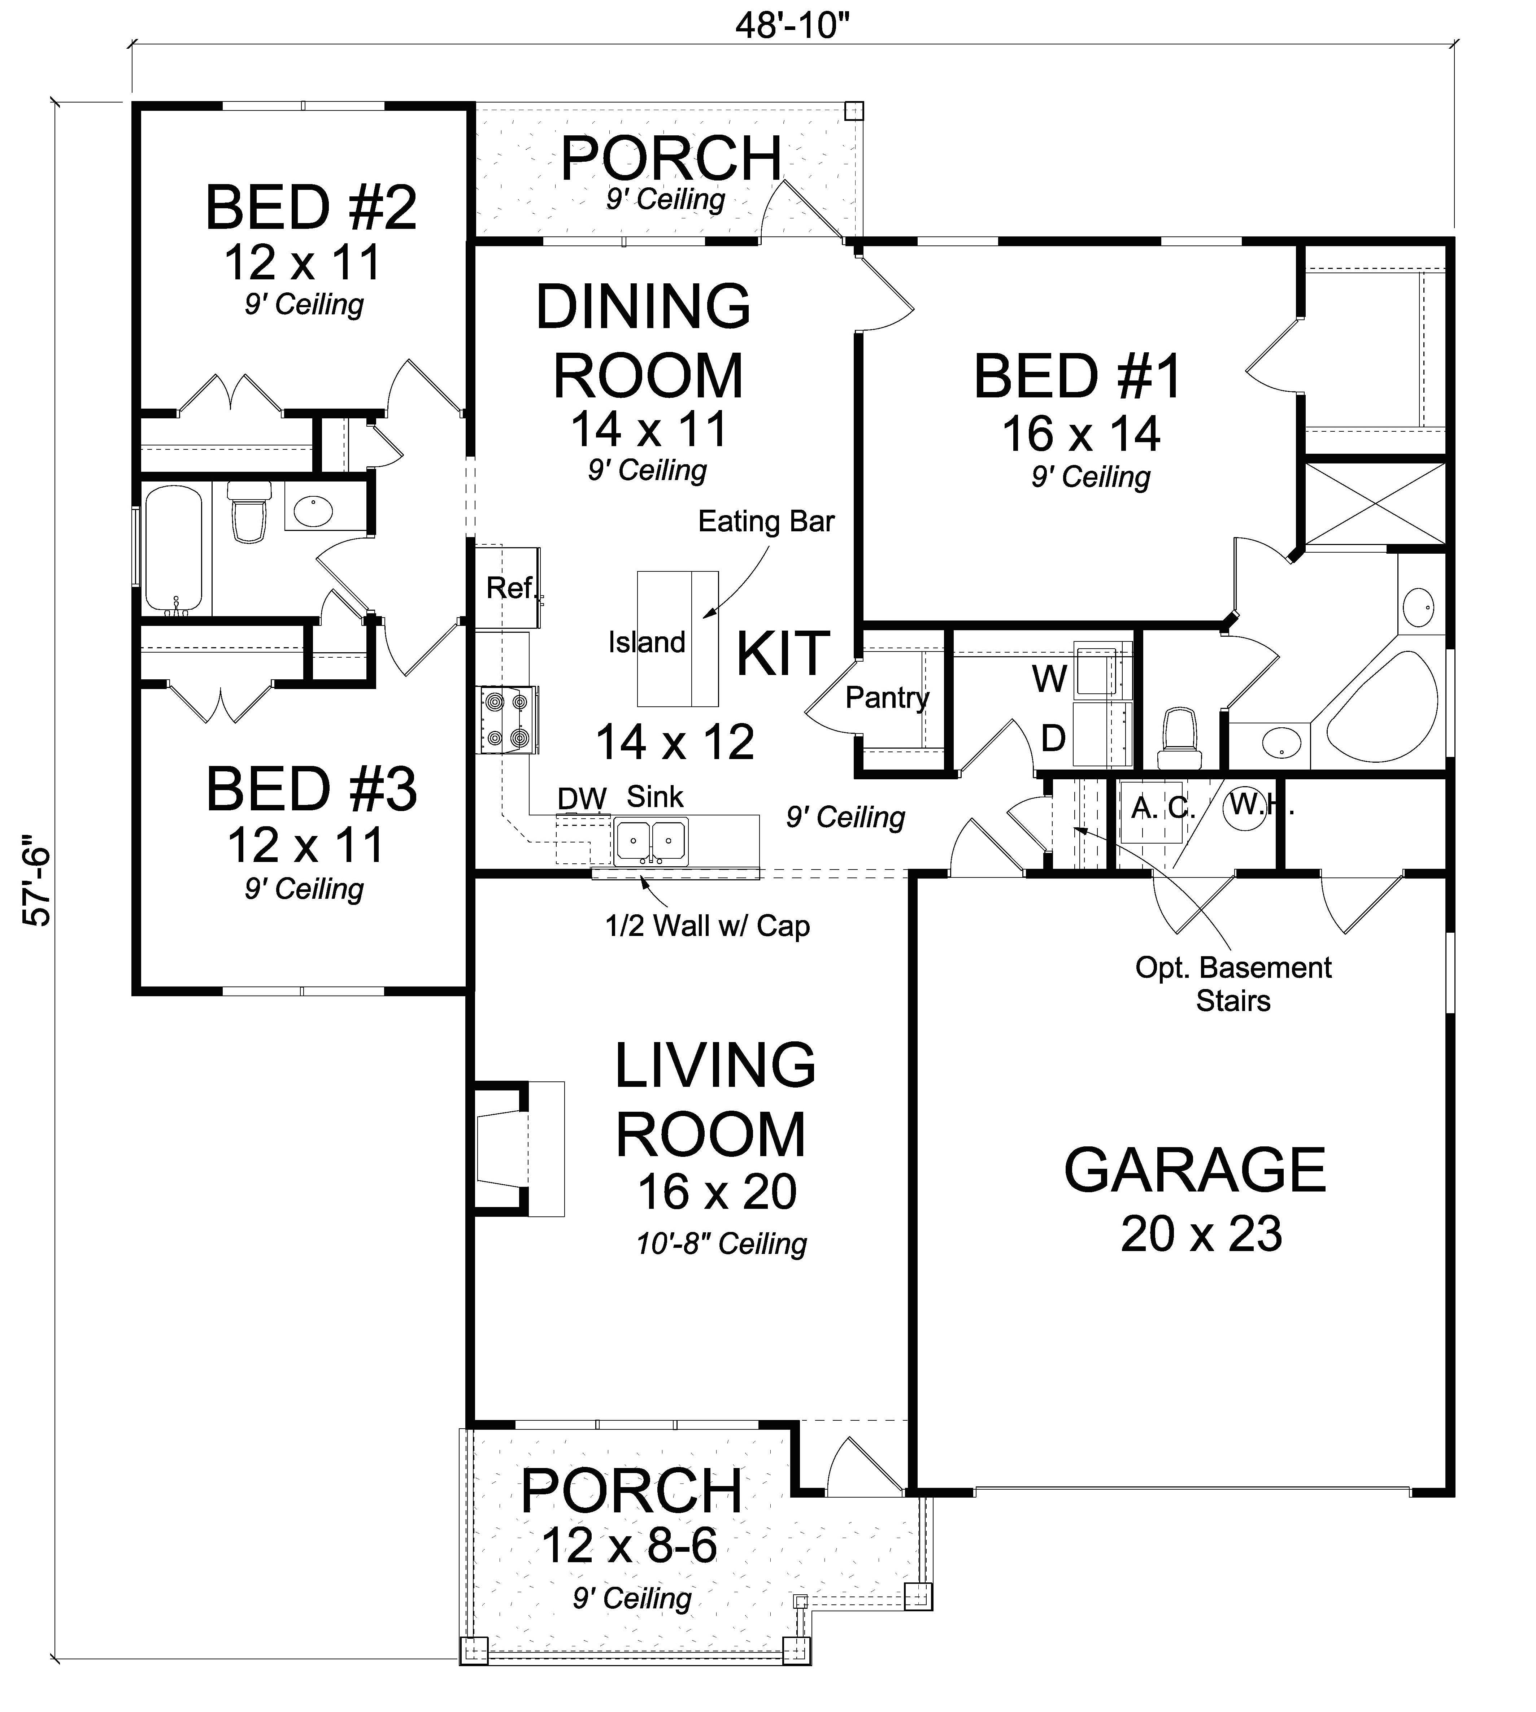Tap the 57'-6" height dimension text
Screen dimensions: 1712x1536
38,882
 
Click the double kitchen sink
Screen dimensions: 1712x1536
651,840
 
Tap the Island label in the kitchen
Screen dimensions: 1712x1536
647,643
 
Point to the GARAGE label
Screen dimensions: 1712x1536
1194,1170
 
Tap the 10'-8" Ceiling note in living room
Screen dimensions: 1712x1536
722,1244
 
